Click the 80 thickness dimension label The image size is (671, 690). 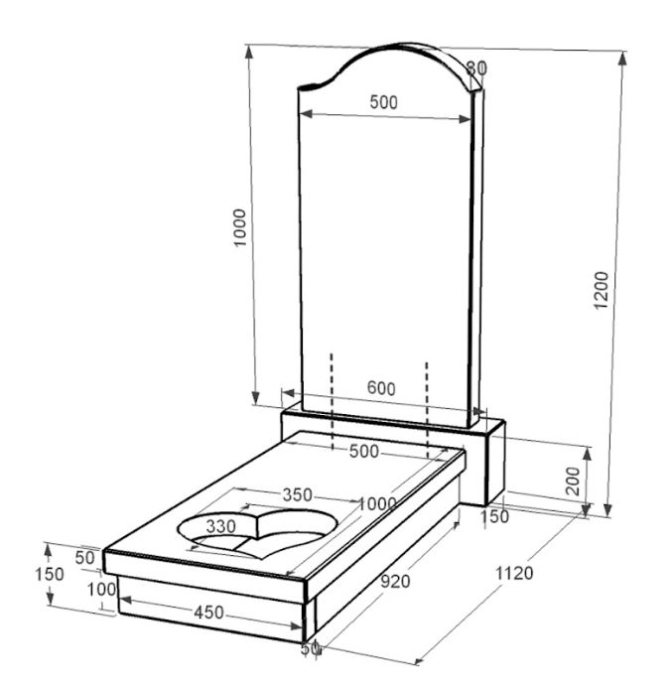coord(476,69)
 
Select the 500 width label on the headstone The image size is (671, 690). coord(384,102)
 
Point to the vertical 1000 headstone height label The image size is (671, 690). coord(240,228)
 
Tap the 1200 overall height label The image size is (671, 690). coord(602,291)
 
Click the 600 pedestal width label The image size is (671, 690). coord(381,388)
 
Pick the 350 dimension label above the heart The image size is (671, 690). coord(298,495)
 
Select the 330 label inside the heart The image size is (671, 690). coord(221,526)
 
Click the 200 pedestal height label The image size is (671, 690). coord(573,481)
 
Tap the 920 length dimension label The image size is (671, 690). coord(395,582)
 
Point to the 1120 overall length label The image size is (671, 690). coord(514,574)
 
